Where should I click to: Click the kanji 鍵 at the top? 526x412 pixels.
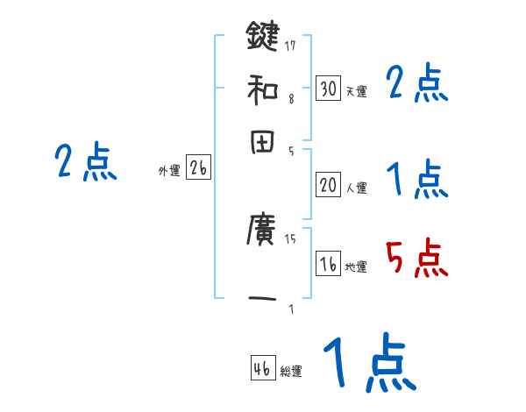[262, 37]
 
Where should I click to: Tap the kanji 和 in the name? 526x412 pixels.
[262, 88]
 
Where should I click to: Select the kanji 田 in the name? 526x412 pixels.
[262, 142]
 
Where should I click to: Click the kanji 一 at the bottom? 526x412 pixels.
[262, 298]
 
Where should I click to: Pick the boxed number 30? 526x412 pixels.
[329, 89]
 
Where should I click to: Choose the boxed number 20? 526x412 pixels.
[329, 185]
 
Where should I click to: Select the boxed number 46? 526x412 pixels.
[262, 369]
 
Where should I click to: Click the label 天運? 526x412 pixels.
[356, 91]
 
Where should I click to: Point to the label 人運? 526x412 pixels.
[356, 188]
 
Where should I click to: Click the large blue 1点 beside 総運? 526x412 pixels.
[368, 362]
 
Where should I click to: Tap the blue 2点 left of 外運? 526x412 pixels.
[85, 162]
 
